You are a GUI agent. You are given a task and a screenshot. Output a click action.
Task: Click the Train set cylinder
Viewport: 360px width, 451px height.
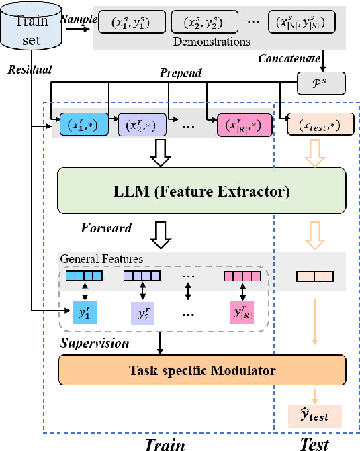[x=31, y=30]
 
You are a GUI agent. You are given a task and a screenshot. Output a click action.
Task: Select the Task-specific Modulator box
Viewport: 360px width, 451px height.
[x=201, y=369]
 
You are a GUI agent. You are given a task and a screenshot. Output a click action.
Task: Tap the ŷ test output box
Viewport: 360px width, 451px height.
[x=314, y=415]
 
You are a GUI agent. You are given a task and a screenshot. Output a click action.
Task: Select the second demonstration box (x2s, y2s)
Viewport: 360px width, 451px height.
[x=197, y=22]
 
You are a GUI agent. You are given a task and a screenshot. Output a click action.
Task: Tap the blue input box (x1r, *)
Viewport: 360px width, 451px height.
[x=83, y=126]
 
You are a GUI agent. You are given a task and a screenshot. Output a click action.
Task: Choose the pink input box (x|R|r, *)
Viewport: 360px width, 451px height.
[x=244, y=126]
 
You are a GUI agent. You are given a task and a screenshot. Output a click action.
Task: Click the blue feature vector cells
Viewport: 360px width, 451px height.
[x=83, y=275]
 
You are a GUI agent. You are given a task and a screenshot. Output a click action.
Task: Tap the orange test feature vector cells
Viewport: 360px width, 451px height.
[x=314, y=275]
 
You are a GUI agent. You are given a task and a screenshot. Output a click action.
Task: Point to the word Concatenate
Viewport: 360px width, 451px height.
[x=289, y=60]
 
